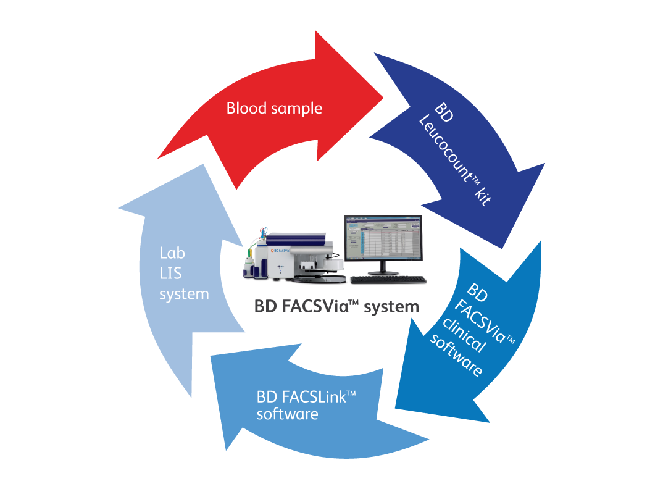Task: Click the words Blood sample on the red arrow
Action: (x=274, y=109)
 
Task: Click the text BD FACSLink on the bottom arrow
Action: (x=307, y=396)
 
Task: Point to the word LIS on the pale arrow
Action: (x=170, y=274)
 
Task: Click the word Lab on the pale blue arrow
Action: (x=172, y=253)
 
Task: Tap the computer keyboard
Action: (x=388, y=280)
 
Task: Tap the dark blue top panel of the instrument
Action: (x=296, y=235)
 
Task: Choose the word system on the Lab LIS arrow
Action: (x=184, y=295)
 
